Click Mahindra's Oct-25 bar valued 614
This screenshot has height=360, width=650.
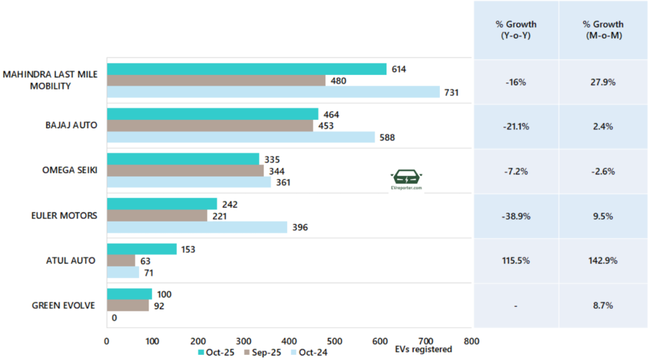pyautogui.click(x=246, y=69)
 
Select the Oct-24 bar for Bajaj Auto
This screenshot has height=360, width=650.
pyautogui.click(x=241, y=137)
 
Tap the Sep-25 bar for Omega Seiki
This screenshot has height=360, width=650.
pyautogui.click(x=185, y=171)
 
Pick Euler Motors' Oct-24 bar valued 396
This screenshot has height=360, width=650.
pyautogui.click(x=197, y=227)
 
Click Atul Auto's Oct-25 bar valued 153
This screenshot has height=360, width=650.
pyautogui.click(x=142, y=250)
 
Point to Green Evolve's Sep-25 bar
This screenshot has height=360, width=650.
pyautogui.click(x=128, y=305)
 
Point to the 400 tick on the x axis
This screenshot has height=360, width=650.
pyautogui.click(x=289, y=340)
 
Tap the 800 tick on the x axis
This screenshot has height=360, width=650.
pyautogui.click(x=472, y=340)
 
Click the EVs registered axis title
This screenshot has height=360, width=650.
pyautogui.click(x=423, y=349)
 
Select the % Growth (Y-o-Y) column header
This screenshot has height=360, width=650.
pyautogui.click(x=516, y=30)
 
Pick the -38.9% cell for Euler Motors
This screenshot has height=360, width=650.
pyautogui.click(x=516, y=216)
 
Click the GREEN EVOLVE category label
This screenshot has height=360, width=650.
pyautogui.click(x=63, y=305)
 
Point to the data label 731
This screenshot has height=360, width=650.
pyautogui.click(x=451, y=93)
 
